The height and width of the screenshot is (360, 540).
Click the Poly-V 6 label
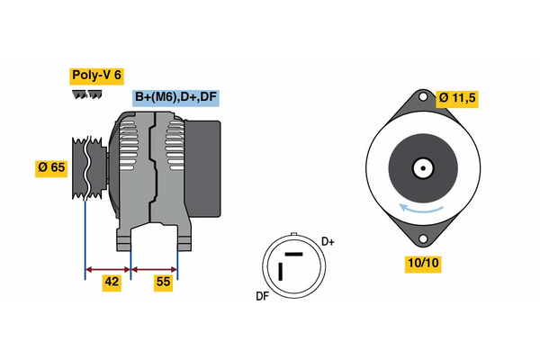pyautogui.click(x=96, y=76)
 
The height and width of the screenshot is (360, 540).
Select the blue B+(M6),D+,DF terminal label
pyautogui.click(x=175, y=98)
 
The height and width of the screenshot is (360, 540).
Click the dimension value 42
pyautogui.click(x=112, y=283)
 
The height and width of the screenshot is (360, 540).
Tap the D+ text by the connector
pyautogui.click(x=328, y=241)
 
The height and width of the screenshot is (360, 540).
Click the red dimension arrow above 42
pyautogui.click(x=108, y=267)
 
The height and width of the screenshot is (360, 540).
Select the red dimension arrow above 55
pyautogui.click(x=155, y=267)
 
